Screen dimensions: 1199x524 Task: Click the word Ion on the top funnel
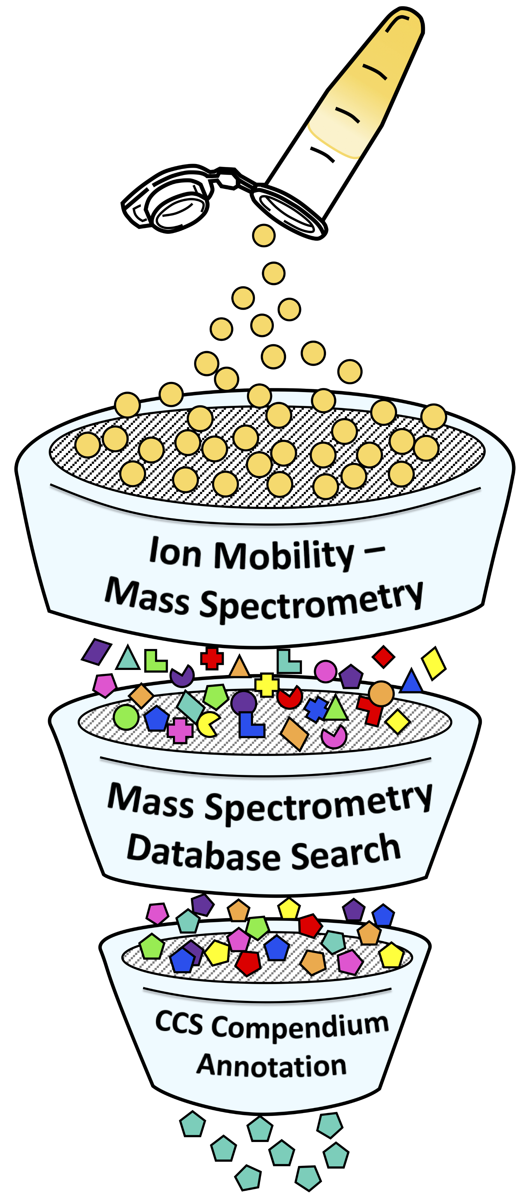pos(175,552)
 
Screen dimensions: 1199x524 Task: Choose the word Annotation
pos(271,1066)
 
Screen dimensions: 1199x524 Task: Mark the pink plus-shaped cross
pos(180,730)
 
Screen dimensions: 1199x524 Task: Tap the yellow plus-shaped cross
pos(267,685)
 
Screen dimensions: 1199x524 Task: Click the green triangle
pos(335,709)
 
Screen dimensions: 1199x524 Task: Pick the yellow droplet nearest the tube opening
pos(264,236)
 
